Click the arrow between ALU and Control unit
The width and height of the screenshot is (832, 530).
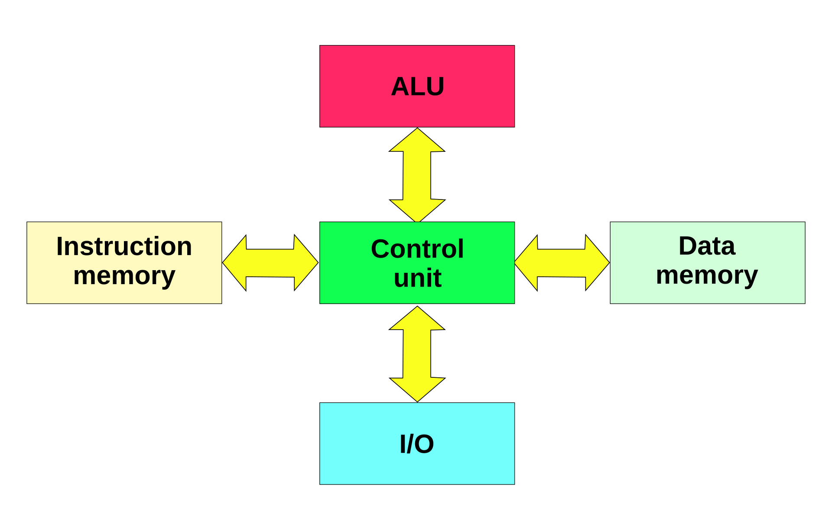coord(417,176)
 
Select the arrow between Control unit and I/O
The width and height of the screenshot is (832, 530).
coord(417,354)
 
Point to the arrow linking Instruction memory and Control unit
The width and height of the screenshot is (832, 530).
coord(270,263)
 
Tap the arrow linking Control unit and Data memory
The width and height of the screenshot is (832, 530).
coord(562,263)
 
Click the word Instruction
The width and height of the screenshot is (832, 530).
coord(124,246)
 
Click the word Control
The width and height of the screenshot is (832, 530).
coord(417,249)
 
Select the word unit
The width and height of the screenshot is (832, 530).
coord(417,278)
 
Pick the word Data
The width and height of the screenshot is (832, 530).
coord(707,246)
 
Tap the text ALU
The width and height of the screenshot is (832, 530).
coord(417,86)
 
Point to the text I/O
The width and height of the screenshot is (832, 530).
coord(416,444)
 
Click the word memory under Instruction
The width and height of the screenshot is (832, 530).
coord(124,276)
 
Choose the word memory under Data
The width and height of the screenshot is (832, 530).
coord(707,275)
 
